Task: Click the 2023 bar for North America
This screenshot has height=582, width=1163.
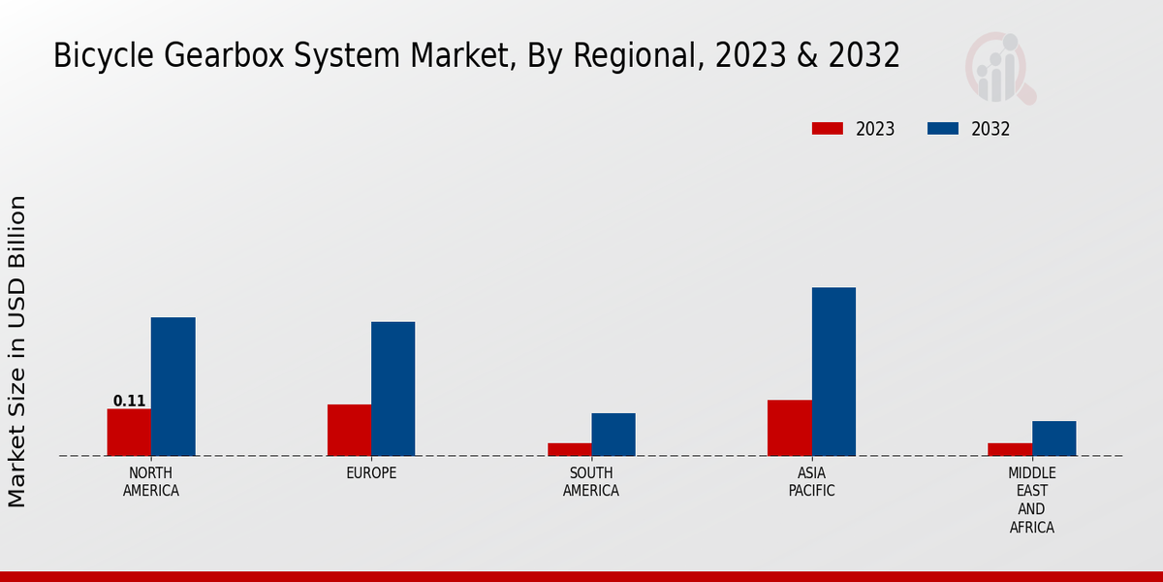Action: coord(129,433)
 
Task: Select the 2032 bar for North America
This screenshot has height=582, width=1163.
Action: coord(173,387)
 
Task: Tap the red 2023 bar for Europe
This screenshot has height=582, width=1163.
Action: coord(349,430)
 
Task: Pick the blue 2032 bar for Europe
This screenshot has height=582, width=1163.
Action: coord(393,389)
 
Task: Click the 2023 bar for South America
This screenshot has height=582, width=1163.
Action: coord(569,449)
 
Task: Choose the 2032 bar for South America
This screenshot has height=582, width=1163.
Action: coord(613,435)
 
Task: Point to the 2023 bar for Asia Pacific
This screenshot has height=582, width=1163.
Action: coord(789,428)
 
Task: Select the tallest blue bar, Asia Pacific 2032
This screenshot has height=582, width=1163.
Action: coord(833,372)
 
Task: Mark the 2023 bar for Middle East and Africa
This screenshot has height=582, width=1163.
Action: coord(1010,449)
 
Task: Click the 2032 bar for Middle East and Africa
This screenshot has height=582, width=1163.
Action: coord(1053,438)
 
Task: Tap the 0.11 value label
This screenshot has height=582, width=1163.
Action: coord(129,401)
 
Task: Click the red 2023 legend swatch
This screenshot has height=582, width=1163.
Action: coord(828,129)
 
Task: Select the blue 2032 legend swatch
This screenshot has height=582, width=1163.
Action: coord(943,129)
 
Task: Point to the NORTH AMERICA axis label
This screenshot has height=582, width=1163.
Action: coord(151,482)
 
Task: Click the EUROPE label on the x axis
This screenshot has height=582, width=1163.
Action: coord(371,473)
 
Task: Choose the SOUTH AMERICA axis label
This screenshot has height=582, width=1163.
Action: coord(591,482)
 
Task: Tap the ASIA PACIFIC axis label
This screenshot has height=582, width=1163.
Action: coord(812,482)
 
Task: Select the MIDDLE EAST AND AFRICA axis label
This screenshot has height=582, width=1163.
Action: coord(1031,501)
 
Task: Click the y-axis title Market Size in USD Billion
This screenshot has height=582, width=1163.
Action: coord(17,351)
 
